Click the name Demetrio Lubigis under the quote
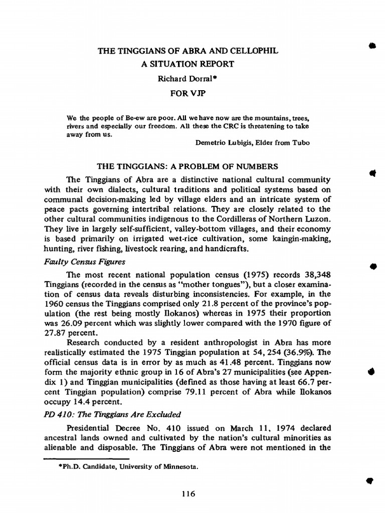click(x=226, y=143)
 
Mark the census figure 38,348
click(x=315, y=275)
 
